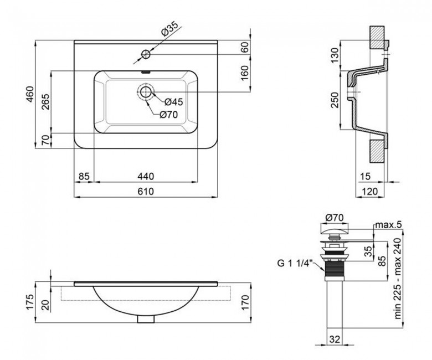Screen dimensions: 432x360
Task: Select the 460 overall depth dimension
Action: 30,94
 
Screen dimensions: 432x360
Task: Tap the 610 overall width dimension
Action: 146,191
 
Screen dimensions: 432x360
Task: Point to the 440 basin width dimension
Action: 146,176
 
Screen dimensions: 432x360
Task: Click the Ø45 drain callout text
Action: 173,102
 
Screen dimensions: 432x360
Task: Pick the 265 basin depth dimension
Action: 46,102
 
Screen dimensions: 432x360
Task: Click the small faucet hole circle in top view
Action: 146,54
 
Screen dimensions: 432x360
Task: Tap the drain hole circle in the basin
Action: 146,92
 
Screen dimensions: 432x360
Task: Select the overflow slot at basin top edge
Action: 146,72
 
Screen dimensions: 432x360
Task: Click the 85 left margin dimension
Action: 84,176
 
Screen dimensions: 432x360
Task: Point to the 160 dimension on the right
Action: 245,73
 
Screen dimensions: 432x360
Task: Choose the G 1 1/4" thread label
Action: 294,263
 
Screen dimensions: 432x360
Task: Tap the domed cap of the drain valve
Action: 334,229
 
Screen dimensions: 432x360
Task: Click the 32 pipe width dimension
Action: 335,339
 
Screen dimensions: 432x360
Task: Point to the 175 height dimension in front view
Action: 30,302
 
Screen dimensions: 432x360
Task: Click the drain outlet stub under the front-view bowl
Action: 146,319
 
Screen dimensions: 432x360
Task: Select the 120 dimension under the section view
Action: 369,191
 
